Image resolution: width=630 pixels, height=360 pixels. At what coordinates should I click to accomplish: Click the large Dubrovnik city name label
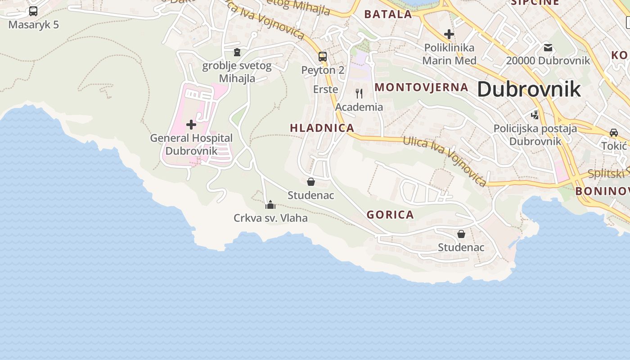click(529, 89)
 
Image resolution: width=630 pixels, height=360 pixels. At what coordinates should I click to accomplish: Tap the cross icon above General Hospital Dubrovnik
click(191, 124)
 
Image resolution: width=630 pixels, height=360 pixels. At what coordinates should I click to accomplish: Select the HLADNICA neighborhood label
click(322, 128)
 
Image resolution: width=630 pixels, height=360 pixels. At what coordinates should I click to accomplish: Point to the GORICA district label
click(390, 215)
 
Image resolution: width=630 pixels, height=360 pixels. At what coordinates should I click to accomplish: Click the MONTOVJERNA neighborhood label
click(421, 87)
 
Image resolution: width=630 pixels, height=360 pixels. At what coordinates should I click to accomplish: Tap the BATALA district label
click(388, 14)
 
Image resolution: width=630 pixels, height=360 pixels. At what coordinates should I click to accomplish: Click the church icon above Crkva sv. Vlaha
click(270, 205)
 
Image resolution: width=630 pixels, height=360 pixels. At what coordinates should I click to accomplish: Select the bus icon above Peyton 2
click(323, 57)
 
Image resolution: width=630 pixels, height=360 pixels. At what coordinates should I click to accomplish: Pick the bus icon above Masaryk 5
click(33, 11)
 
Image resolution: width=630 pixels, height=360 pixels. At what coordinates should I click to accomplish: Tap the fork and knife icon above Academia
click(359, 94)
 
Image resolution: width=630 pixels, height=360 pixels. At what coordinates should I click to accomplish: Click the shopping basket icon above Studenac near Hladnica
click(310, 182)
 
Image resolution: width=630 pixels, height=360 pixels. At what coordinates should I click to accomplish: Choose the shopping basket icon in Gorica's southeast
click(461, 234)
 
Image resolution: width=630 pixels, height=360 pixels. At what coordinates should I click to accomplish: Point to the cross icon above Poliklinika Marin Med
click(449, 34)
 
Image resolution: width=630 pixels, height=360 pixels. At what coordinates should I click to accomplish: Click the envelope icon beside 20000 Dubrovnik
click(548, 47)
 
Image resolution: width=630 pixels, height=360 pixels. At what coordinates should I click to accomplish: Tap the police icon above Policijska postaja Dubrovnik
click(535, 115)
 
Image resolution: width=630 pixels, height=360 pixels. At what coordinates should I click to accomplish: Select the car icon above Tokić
click(614, 133)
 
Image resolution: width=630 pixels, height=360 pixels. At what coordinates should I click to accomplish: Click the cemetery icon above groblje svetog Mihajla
click(237, 53)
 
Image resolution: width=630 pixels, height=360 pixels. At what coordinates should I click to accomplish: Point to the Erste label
click(325, 89)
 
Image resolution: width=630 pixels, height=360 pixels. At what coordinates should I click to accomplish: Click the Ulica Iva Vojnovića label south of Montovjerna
click(444, 161)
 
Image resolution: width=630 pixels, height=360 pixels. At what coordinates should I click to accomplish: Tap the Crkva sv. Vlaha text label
click(270, 218)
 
